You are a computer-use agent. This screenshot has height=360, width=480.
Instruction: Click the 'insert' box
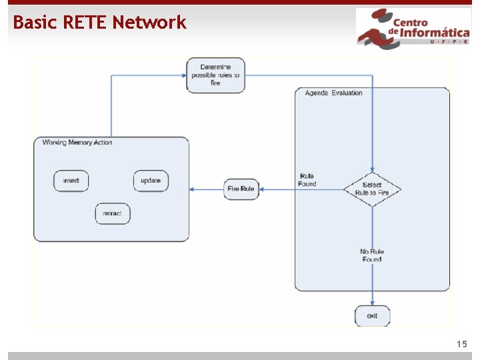click(71, 181)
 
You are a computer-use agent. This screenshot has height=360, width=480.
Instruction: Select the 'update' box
click(151, 181)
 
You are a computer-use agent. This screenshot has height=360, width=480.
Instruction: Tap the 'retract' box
click(112, 213)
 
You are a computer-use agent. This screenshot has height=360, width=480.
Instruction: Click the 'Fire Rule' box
click(241, 189)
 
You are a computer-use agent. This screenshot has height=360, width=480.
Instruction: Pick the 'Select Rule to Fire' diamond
click(372, 189)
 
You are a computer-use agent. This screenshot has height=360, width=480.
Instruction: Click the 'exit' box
click(372, 315)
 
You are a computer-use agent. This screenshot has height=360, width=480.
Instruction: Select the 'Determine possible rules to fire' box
click(215, 75)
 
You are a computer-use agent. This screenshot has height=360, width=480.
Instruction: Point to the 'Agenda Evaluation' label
click(333, 93)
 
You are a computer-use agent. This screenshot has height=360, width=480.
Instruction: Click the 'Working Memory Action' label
click(77, 142)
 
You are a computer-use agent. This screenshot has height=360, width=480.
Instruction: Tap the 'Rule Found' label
click(307, 180)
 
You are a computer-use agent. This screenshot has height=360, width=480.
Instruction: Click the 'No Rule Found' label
click(372, 255)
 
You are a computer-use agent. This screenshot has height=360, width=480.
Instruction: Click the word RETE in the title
click(86, 23)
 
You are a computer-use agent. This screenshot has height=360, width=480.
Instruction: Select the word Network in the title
click(149, 23)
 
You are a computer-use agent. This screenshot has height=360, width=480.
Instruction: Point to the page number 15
click(462, 344)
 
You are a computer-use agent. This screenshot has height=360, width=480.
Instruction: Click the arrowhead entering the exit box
click(372, 303)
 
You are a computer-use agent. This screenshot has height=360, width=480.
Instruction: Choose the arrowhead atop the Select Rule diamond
click(372, 170)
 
